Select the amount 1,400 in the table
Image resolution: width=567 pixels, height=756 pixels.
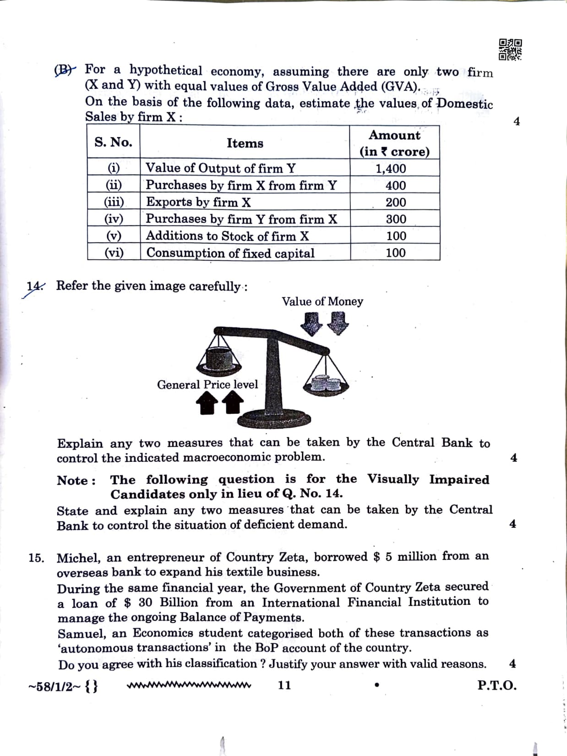click(391, 169)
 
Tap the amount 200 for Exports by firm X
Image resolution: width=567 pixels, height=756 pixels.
click(396, 202)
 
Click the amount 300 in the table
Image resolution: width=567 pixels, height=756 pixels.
click(396, 219)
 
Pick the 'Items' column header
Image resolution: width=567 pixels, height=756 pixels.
click(245, 143)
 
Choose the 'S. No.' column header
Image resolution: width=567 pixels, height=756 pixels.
click(113, 142)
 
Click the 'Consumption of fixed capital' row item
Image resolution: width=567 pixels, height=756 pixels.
click(230, 253)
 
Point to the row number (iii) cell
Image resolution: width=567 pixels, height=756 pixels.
click(114, 202)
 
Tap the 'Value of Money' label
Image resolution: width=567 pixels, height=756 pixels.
click(322, 301)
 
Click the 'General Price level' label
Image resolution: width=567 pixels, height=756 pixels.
click(207, 384)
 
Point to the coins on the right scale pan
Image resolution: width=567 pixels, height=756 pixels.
click(325, 383)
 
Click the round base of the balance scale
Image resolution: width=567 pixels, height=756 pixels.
click(276, 418)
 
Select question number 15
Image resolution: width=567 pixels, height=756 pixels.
click(36, 558)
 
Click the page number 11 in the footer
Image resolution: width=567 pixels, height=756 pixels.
click(284, 685)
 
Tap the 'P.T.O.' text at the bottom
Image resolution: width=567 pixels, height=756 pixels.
click(496, 685)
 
